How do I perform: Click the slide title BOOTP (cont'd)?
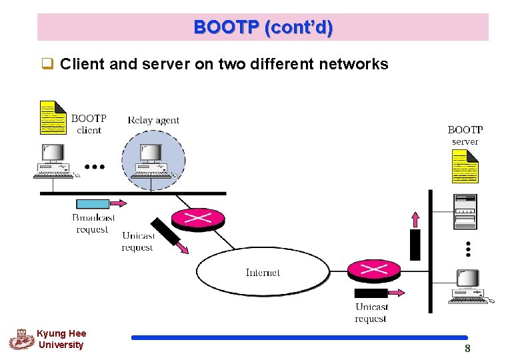coord(263,27)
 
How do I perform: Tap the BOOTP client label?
coord(89,124)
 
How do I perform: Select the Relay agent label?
coord(153,120)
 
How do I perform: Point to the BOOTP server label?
coord(465,135)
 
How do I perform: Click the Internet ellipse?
coord(263,272)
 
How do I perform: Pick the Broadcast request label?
coord(93,223)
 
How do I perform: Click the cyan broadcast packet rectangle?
coord(93,203)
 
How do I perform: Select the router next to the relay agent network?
coord(198,218)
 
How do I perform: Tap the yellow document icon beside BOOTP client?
coord(53,118)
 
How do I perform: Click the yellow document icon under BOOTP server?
coord(465,166)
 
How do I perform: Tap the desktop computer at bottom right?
coord(468,287)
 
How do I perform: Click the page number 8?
coord(467,349)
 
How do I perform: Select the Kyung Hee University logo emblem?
coord(21,339)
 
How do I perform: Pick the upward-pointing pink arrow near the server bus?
coord(415,219)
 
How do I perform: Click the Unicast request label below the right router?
coord(371,313)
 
